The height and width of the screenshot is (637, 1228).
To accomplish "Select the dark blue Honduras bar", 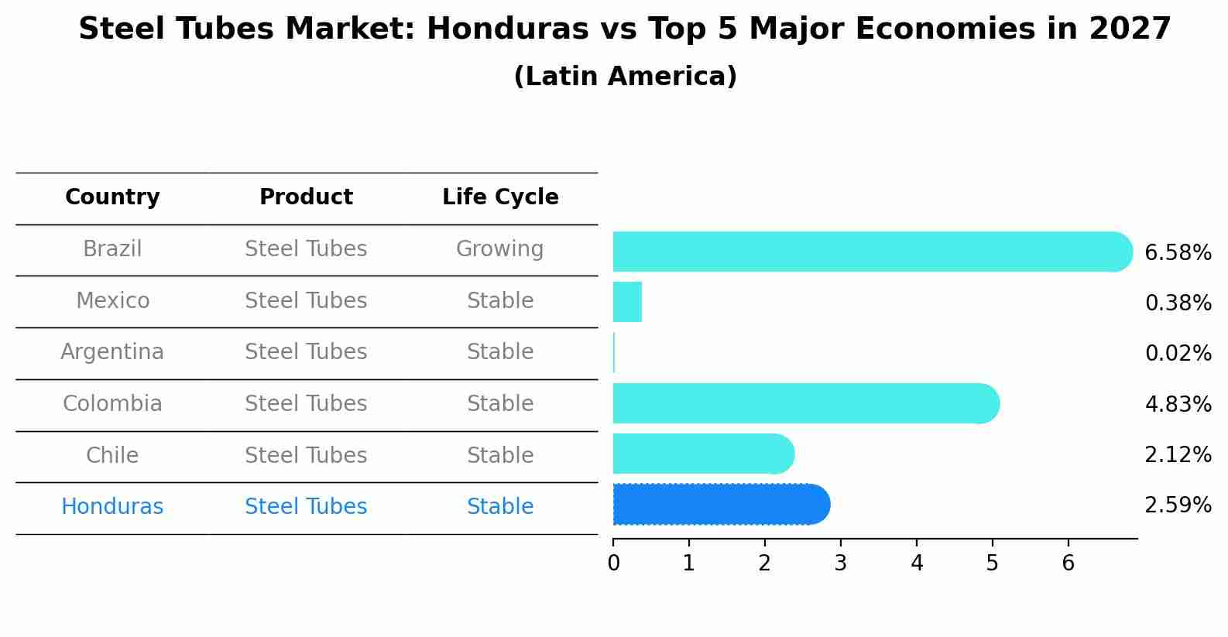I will (x=720, y=505).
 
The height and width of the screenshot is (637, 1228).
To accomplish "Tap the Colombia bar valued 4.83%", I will (x=805, y=403).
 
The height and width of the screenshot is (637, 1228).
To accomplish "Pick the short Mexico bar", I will (x=627, y=302).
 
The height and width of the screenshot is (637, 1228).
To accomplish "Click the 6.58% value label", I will (x=1178, y=253).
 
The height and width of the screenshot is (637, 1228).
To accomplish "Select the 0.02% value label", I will (x=1178, y=354).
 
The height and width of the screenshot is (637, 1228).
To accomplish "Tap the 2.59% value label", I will (x=1178, y=505).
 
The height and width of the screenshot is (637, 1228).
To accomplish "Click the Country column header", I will (x=112, y=197).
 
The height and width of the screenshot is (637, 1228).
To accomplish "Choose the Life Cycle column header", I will (x=500, y=197).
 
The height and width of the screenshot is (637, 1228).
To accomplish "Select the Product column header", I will (x=306, y=197).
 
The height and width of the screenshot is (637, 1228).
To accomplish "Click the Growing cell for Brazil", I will (x=499, y=249).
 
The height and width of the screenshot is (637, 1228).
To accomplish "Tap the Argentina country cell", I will (x=112, y=352).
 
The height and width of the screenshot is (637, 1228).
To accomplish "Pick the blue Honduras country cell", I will (x=112, y=507).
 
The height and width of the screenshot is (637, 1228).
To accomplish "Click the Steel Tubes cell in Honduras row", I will (x=306, y=507).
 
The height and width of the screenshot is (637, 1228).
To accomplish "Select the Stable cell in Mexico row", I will (x=500, y=301).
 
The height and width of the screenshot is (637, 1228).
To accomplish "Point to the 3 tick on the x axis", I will (x=841, y=563).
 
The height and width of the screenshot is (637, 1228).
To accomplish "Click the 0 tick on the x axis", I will (x=613, y=563).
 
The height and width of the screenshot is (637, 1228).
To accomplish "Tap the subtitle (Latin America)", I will (x=625, y=77).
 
